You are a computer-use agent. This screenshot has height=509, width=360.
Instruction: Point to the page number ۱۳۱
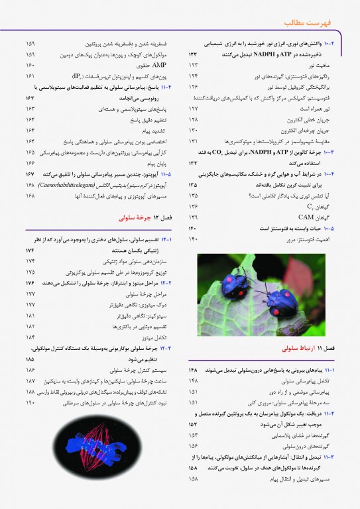[194, 141]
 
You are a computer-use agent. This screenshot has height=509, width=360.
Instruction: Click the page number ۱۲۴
[194, 76]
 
